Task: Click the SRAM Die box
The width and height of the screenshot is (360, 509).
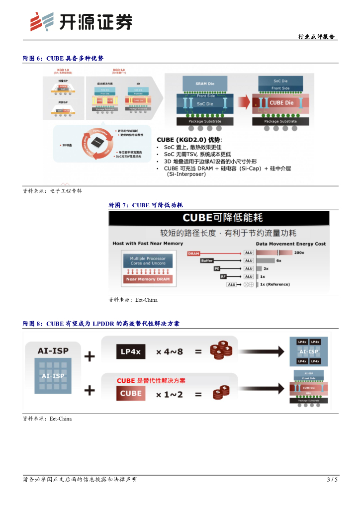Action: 205,84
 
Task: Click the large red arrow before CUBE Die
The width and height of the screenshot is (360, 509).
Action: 243,102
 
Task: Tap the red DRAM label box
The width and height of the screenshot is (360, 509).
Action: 194,254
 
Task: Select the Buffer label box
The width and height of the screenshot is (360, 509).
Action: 206,260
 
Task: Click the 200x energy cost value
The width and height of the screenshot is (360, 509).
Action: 299,253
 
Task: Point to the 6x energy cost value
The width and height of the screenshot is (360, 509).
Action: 279,260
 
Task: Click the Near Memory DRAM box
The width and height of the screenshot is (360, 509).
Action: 147,279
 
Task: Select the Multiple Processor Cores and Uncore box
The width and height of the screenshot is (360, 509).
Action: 147,261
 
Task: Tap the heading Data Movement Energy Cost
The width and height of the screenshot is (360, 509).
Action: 290,244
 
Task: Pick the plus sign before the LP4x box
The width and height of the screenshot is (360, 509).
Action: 90,356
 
